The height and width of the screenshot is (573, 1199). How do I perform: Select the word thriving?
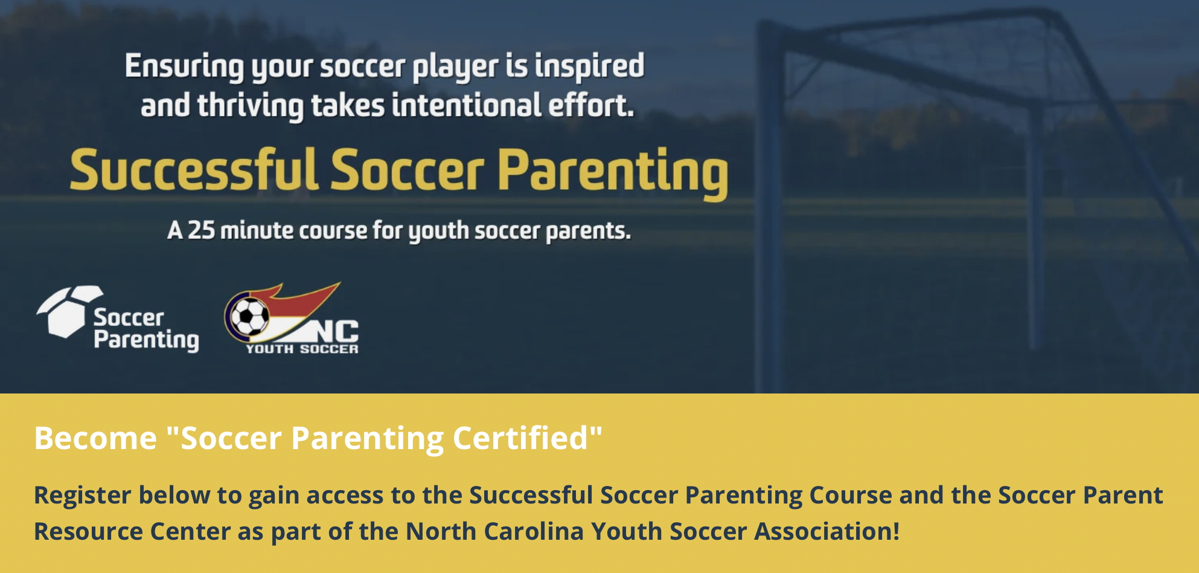(250, 106)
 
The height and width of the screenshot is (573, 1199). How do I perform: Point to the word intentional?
(466, 105)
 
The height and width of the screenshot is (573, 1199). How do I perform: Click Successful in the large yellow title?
(194, 171)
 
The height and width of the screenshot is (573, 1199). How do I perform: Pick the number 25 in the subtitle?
(201, 231)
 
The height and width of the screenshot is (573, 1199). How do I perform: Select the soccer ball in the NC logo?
(249, 316)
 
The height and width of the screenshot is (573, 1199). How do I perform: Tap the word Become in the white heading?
(95, 438)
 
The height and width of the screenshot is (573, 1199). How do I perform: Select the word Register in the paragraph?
(82, 496)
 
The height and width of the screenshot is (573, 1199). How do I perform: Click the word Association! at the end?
(827, 532)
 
